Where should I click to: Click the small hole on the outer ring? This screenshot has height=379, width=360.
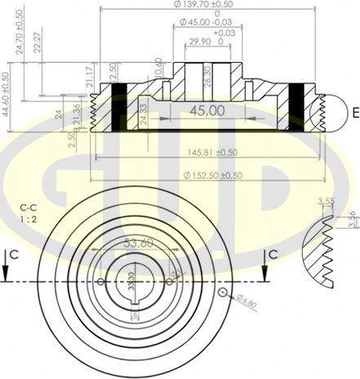click(222, 292)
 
